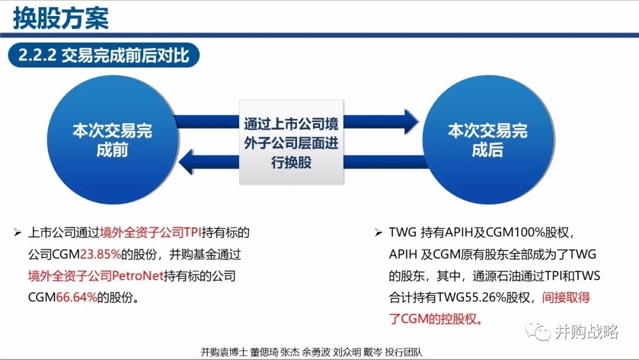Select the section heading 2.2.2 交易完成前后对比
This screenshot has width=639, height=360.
[x=104, y=56]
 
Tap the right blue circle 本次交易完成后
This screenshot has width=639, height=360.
[x=487, y=140]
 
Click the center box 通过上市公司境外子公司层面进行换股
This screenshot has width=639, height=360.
[x=291, y=143]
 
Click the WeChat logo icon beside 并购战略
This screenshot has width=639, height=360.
[x=539, y=331]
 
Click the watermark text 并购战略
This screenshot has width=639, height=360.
[x=586, y=332]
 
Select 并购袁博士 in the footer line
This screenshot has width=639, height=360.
[x=221, y=351]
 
